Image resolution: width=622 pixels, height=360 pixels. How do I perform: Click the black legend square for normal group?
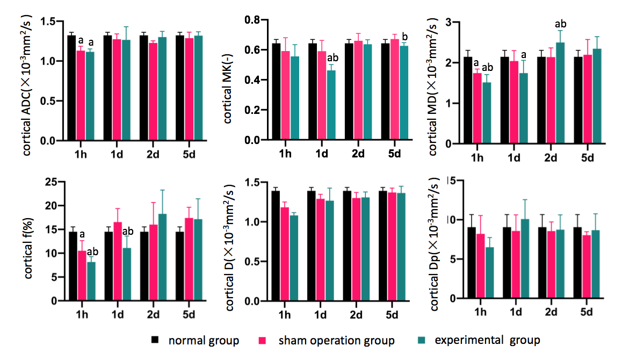click(x=156, y=340)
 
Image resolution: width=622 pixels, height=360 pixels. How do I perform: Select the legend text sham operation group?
click(x=336, y=340)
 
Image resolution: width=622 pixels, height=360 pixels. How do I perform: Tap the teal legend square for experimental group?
click(x=422, y=340)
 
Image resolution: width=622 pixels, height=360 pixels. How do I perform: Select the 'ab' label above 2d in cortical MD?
click(x=560, y=24)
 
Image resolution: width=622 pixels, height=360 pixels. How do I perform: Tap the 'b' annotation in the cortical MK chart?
click(x=404, y=37)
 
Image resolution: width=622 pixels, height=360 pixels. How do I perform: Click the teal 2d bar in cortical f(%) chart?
click(x=163, y=257)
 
